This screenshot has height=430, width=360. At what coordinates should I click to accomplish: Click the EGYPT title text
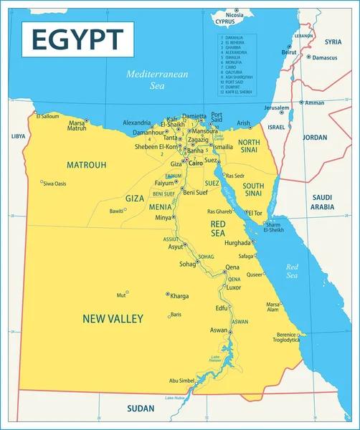coord(77,38)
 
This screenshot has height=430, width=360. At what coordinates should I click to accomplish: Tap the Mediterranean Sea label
coord(147,79)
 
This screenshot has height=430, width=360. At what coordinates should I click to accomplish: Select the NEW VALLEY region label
coord(113,318)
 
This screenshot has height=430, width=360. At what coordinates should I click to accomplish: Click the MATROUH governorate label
coord(86,165)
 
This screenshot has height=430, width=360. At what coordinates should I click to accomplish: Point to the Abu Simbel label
coord(181,381)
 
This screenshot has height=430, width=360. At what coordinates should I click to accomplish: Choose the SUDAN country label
coord(141,408)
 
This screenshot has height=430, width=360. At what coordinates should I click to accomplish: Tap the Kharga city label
coord(179,295)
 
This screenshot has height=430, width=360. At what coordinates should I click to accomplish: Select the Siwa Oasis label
coord(55,184)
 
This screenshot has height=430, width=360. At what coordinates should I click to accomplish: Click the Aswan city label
coord(218,330)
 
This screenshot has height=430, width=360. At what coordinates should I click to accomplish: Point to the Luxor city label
coord(234,287)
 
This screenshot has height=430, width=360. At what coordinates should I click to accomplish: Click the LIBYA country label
coord(18,136)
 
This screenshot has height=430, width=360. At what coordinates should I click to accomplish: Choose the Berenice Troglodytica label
coord(288,337)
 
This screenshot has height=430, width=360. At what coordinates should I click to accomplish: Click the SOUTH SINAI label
coord(253,190)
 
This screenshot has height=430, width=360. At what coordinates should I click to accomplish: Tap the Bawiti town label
coord(116,211)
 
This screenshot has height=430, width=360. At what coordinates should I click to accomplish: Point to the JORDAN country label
coord(316,137)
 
